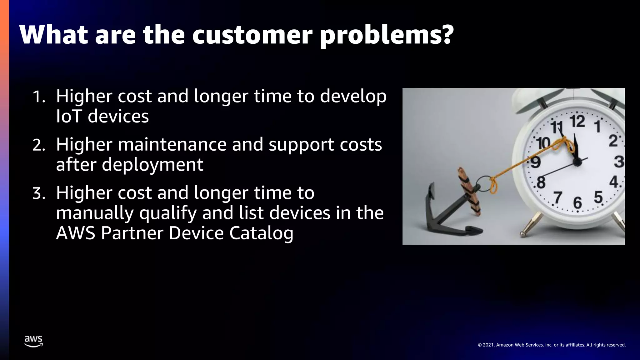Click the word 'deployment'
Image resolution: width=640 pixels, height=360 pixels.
[x=152, y=165]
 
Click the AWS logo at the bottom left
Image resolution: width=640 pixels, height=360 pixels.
[x=33, y=341]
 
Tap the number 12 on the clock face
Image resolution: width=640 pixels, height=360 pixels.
[x=577, y=121]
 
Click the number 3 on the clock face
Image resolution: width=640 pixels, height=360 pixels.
[x=619, y=162]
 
